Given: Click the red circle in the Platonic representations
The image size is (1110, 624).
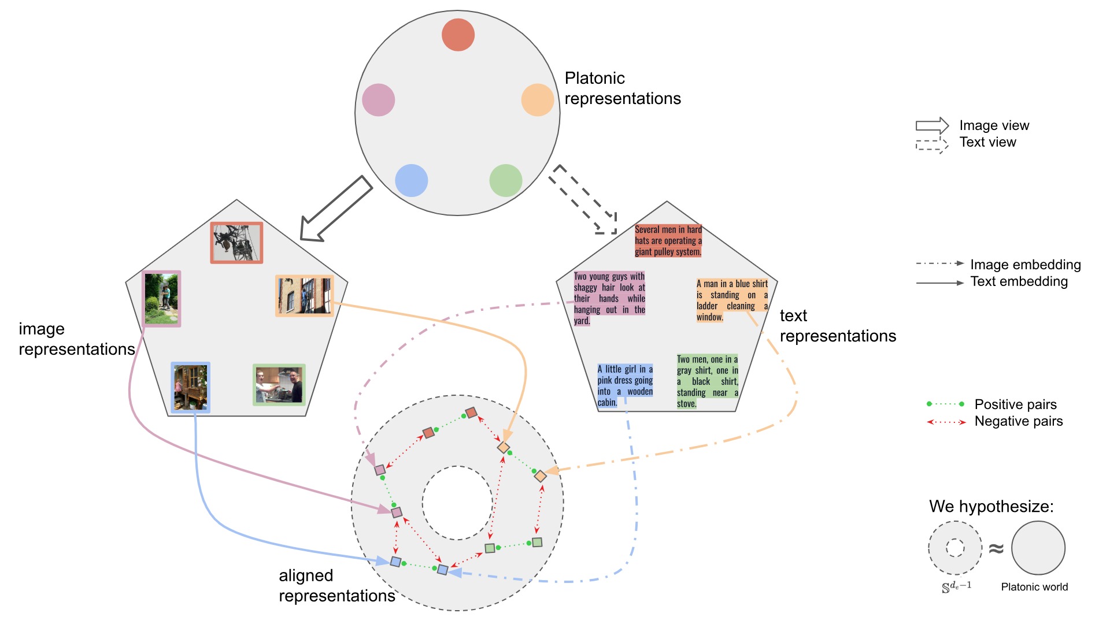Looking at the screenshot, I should [x=458, y=35].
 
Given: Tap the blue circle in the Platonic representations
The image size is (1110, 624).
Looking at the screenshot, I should [x=411, y=180].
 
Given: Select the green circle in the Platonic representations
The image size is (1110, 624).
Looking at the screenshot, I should [x=505, y=180].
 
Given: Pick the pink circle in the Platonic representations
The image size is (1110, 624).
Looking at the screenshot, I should [x=378, y=100].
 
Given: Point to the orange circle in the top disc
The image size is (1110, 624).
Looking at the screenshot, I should [x=538, y=100].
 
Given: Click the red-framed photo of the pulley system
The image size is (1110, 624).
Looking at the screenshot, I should [x=236, y=243].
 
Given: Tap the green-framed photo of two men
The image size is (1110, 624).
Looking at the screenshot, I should [x=279, y=385].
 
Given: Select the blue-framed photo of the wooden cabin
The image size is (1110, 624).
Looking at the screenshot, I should [x=191, y=388].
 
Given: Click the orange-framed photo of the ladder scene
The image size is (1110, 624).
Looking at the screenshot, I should [x=305, y=296].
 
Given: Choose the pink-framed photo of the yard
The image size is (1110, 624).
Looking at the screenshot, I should [x=162, y=299].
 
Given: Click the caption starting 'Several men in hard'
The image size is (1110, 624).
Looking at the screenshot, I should [x=668, y=241].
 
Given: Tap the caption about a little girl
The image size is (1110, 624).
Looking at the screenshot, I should [x=625, y=385].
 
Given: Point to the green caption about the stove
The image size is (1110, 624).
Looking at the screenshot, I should [x=708, y=381].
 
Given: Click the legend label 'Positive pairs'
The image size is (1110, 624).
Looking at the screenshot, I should [x=1015, y=404].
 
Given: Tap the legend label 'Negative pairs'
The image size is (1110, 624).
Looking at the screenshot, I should [x=1018, y=421].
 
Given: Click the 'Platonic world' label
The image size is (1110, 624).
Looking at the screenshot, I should [x=1034, y=587].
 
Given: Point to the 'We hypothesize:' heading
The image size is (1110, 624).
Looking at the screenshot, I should [x=991, y=507].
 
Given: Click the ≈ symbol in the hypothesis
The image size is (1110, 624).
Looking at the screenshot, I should [x=996, y=548].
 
